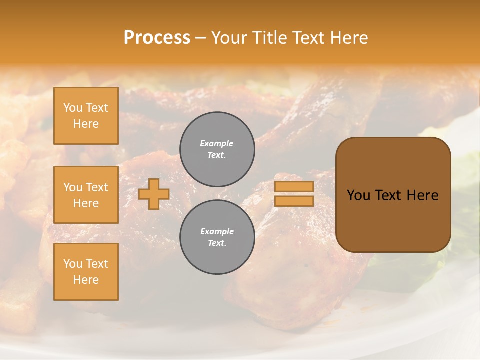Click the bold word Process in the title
157,38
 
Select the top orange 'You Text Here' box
86,116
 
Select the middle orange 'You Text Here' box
86,195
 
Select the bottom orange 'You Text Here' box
86,271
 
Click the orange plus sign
154,194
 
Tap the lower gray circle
217,237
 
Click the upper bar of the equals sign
294,186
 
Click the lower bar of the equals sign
294,201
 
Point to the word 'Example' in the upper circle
217,143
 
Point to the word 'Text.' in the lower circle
217,243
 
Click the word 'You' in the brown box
358,195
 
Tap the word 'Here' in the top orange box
86,124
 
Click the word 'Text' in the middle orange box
97,187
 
